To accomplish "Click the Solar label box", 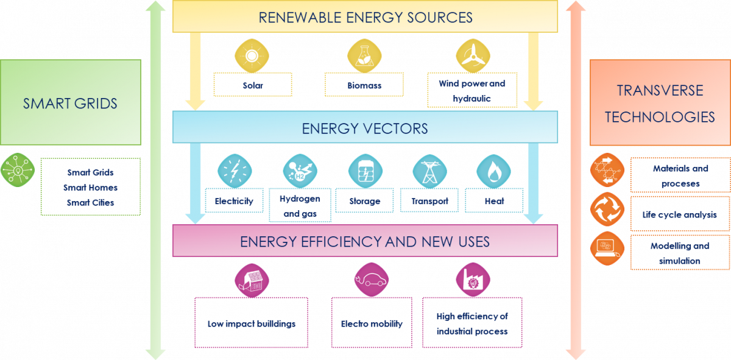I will [x=253, y=85].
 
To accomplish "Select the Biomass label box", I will [x=364, y=85].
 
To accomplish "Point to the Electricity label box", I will [x=234, y=200].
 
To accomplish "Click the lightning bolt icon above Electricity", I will [x=235, y=171].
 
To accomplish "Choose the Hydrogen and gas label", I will [x=300, y=206].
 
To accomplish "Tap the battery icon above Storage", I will [x=365, y=171].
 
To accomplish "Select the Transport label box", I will [x=429, y=200].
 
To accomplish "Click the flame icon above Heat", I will [x=493, y=171].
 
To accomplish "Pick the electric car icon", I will [x=371, y=280].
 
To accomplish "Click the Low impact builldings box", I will [x=251, y=323].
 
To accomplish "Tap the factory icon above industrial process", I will [x=473, y=280].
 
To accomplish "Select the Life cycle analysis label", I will [x=679, y=214].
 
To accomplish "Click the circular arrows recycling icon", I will [x=607, y=209].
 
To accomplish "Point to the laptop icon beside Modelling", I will [x=607, y=249].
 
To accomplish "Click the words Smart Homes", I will [x=91, y=188].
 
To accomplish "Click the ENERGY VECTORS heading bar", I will [x=365, y=129].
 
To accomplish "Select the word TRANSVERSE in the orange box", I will [x=660, y=91].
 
